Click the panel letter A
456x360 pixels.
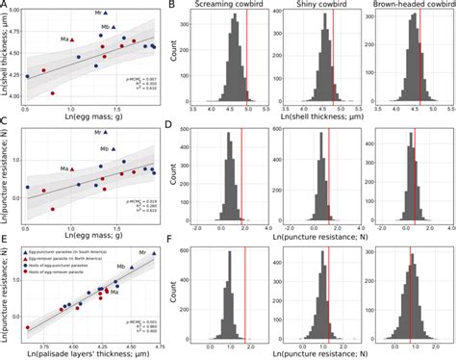(x=5, y=6)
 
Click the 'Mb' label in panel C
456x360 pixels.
(x=104, y=149)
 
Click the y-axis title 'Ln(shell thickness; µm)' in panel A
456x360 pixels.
(x=8, y=58)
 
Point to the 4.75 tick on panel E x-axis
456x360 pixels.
(x=158, y=340)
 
